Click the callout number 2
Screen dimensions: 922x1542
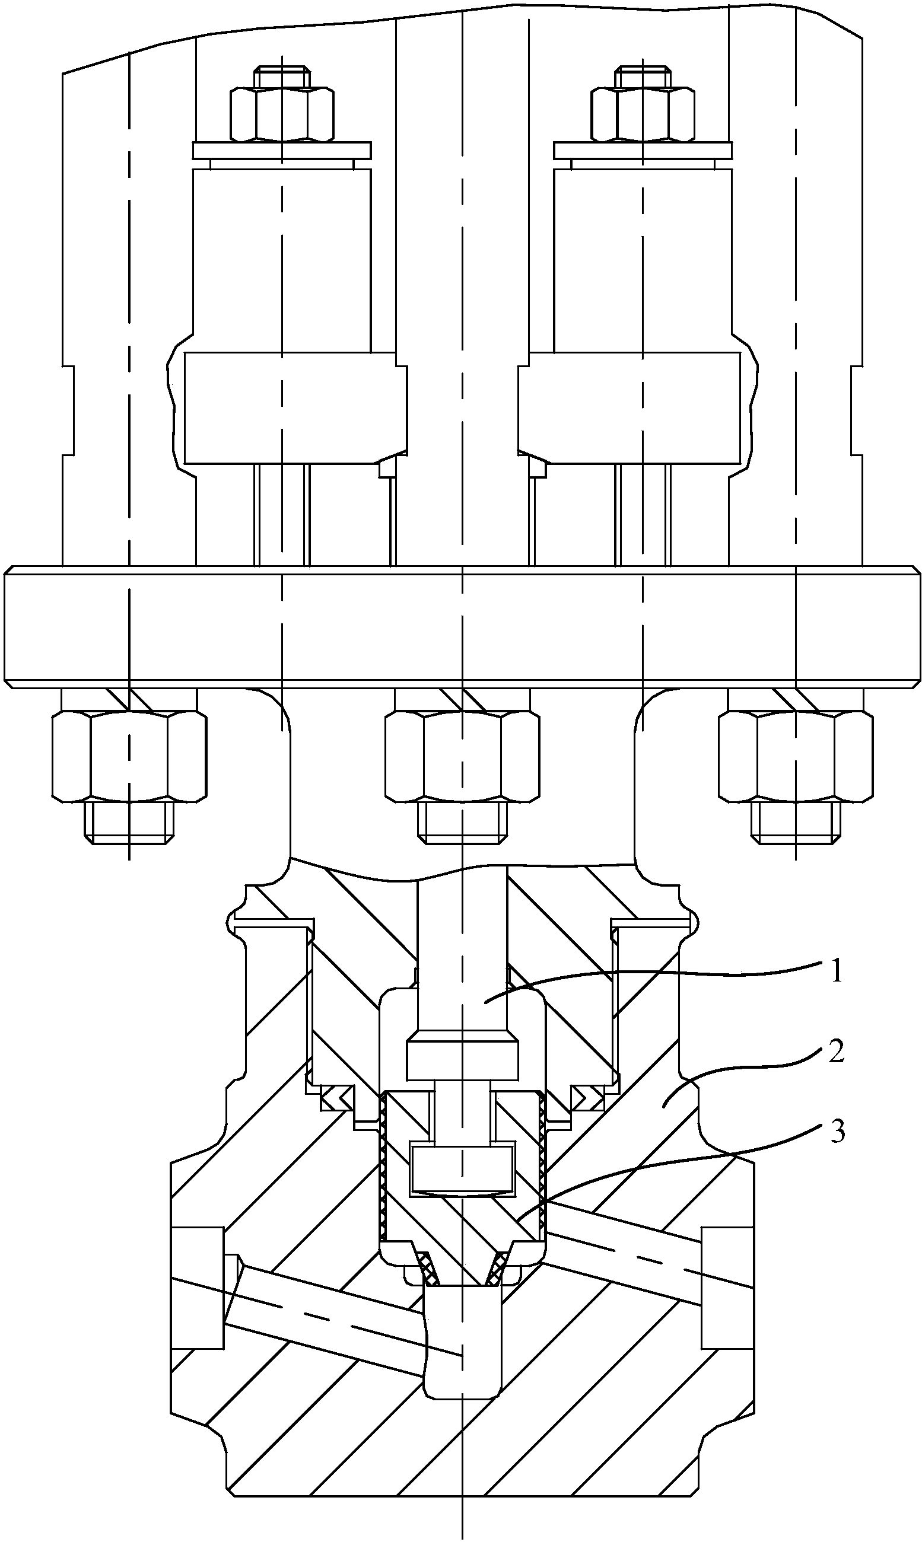(x=836, y=1053)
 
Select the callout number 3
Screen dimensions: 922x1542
(x=838, y=1133)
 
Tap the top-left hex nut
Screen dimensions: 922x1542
(x=281, y=114)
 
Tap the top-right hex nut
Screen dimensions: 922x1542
(x=642, y=114)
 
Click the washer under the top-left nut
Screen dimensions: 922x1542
(x=281, y=149)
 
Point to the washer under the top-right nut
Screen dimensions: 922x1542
(x=642, y=149)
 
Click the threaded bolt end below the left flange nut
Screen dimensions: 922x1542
(x=129, y=821)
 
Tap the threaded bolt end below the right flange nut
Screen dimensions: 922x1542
(x=796, y=821)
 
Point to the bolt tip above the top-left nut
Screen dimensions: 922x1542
(x=281, y=77)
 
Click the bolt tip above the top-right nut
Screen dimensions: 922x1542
(x=642, y=77)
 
